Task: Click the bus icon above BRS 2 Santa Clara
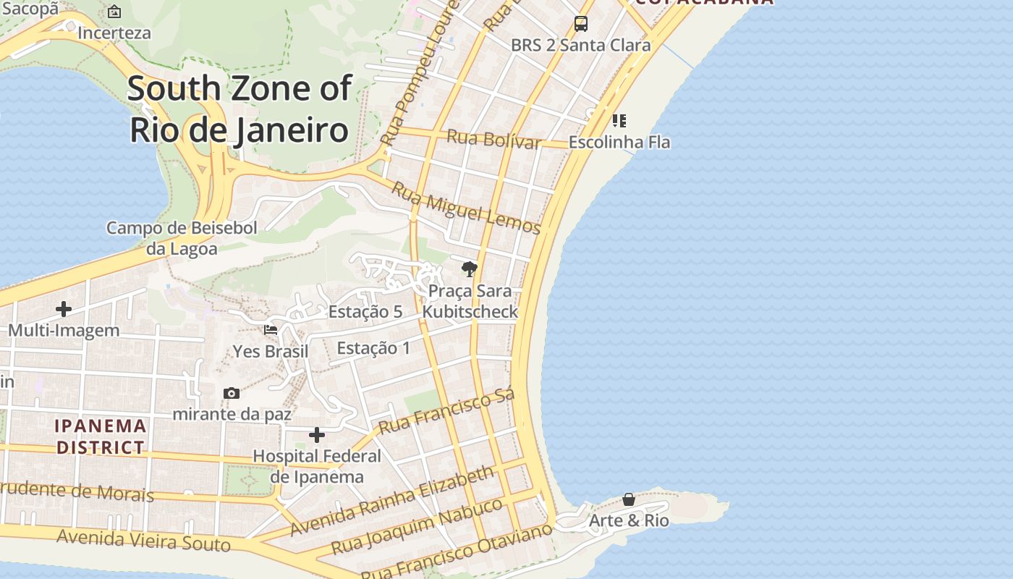tap(580, 24)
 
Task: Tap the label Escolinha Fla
tap(619, 142)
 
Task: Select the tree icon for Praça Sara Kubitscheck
tap(470, 269)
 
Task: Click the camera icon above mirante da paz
tap(232, 393)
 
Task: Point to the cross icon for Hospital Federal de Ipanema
tap(317, 435)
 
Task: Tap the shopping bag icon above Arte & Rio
tap(629, 499)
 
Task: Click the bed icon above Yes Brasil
tap(271, 330)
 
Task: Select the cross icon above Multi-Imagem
tap(64, 309)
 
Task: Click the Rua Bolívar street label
tap(493, 138)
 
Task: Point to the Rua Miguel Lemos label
tap(466, 208)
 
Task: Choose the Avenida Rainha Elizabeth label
tap(392, 501)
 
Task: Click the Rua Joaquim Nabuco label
tap(417, 526)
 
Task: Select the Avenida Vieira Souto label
tap(143, 540)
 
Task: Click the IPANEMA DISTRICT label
tap(101, 436)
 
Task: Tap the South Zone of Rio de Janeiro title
tap(240, 109)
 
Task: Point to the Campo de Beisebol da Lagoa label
tap(182, 238)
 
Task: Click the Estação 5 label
tap(365, 312)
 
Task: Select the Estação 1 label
tap(373, 348)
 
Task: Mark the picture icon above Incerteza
tap(114, 12)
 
